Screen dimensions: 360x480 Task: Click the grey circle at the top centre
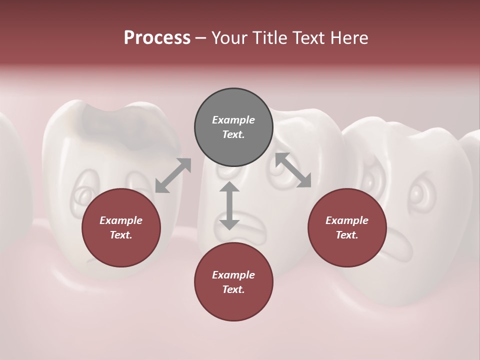[233, 127]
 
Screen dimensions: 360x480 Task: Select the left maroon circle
[121, 227]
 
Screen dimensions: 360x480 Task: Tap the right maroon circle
[347, 227]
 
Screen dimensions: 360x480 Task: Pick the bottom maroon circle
[233, 282]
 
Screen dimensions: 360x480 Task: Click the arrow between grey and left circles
[173, 175]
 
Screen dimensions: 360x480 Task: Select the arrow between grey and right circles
[293, 170]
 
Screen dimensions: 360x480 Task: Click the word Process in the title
[157, 37]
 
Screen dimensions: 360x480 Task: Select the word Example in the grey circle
[233, 120]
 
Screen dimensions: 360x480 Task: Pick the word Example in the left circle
[121, 220]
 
